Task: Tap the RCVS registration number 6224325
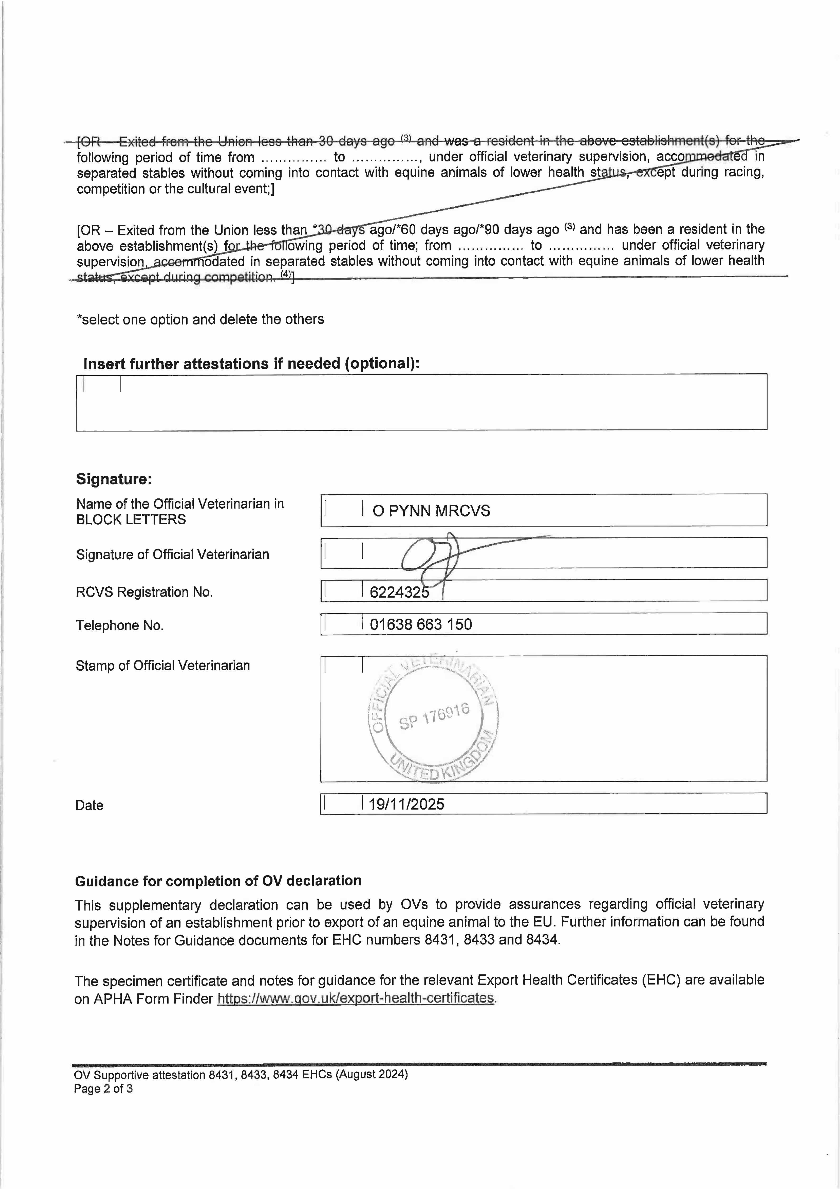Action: click(399, 592)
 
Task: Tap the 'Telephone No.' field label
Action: click(120, 626)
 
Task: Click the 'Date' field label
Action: click(89, 805)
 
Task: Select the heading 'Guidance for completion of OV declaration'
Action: click(218, 881)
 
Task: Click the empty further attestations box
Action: click(421, 402)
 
